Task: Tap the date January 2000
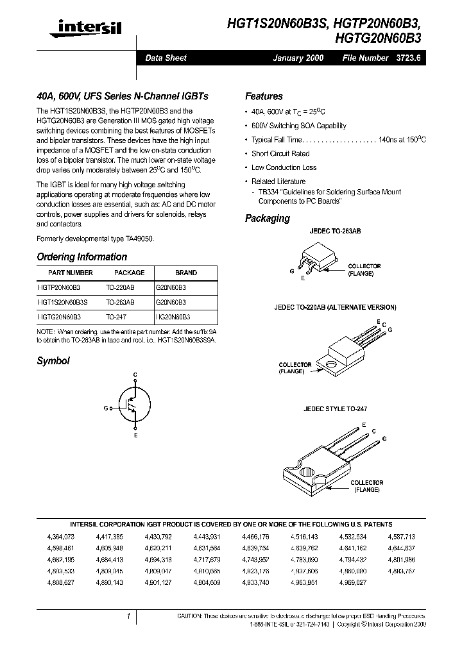298,58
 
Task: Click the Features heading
264,96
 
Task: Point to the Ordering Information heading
81,257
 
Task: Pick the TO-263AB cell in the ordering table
120,301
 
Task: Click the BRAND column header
186,273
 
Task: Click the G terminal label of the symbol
106,408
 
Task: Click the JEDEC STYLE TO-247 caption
336,409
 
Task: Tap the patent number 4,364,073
60,535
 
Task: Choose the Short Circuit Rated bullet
280,154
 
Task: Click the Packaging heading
267,218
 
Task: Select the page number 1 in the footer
129,616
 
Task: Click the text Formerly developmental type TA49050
95,239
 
